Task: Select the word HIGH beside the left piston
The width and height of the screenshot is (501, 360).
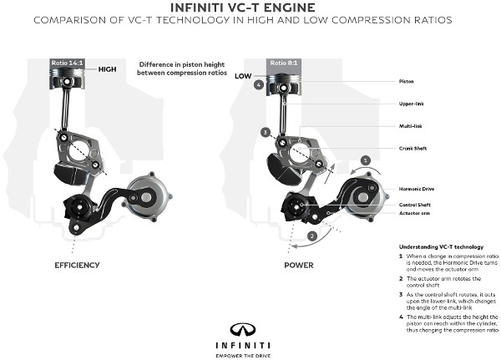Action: [x=107, y=70]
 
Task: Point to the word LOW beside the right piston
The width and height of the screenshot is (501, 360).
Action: [x=243, y=75]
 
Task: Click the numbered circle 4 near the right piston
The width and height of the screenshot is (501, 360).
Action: [x=259, y=84]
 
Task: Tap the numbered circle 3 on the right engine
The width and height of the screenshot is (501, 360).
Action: [x=265, y=132]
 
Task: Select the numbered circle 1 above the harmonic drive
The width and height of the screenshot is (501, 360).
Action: [x=365, y=160]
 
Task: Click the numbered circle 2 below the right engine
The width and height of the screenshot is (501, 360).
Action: [x=311, y=236]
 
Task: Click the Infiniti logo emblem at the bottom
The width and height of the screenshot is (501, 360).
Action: [x=250, y=327]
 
